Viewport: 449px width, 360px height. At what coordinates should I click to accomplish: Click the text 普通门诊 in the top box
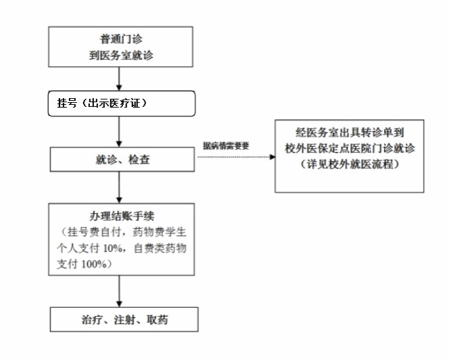pyautogui.click(x=121, y=39)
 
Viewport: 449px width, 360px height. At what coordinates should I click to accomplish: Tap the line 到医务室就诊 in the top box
pyautogui.click(x=121, y=55)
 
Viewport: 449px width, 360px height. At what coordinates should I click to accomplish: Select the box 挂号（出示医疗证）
pyautogui.click(x=122, y=103)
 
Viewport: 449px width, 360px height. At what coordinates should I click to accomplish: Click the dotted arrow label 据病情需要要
pyautogui.click(x=228, y=146)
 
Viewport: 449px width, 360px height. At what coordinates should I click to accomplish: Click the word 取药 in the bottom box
pyautogui.click(x=164, y=318)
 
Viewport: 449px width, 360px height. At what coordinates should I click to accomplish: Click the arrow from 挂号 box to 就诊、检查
pyautogui.click(x=120, y=132)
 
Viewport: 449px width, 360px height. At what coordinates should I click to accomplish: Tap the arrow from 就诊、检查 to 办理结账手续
pyautogui.click(x=120, y=186)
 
